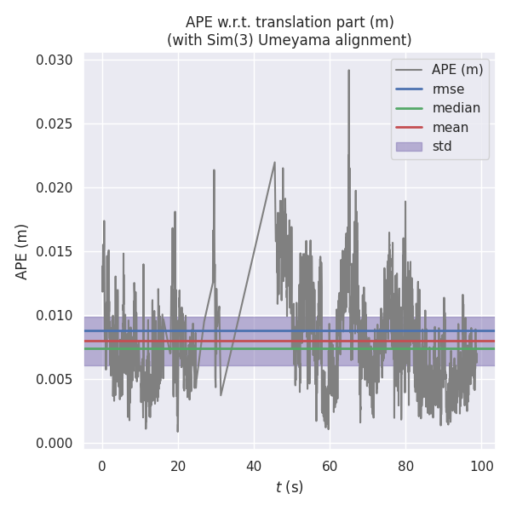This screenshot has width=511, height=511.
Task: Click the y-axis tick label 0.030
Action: [55, 60]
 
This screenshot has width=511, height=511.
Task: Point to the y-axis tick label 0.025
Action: [55, 124]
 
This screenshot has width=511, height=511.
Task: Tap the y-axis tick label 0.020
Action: [55, 188]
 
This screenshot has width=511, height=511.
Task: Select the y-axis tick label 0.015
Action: [55, 252]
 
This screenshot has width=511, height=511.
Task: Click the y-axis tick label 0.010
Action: [55, 316]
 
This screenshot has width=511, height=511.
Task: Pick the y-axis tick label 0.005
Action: [55, 380]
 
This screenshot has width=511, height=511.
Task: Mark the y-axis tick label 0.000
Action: [55, 444]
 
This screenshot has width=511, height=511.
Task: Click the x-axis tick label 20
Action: [178, 466]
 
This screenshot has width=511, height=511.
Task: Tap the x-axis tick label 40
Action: [254, 466]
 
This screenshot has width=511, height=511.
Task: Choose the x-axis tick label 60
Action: [330, 466]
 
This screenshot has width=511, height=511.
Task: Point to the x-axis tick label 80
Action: [405, 466]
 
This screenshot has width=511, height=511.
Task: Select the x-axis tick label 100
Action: [481, 466]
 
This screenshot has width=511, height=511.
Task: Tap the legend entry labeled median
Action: [456, 108]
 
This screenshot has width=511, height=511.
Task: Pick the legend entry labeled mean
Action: [451, 127]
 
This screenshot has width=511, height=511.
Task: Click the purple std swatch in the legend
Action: [409, 146]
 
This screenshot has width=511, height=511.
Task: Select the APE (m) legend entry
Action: [456, 70]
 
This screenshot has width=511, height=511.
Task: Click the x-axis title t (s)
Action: [289, 487]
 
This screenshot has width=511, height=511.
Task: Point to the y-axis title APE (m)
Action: [22, 251]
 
